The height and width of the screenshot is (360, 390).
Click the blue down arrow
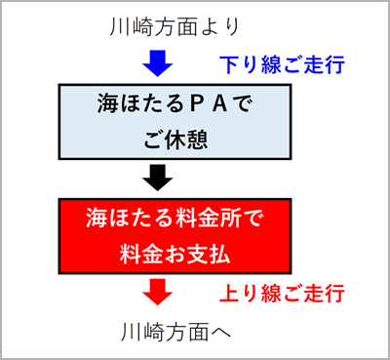(x=156, y=64)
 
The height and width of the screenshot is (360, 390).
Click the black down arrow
(x=156, y=178)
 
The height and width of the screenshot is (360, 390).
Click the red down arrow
(x=156, y=291)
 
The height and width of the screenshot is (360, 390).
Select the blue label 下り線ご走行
(x=280, y=66)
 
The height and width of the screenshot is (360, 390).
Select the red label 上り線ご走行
(x=280, y=293)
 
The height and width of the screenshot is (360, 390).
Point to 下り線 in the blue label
(x=248, y=66)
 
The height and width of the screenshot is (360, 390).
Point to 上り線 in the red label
(x=248, y=293)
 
